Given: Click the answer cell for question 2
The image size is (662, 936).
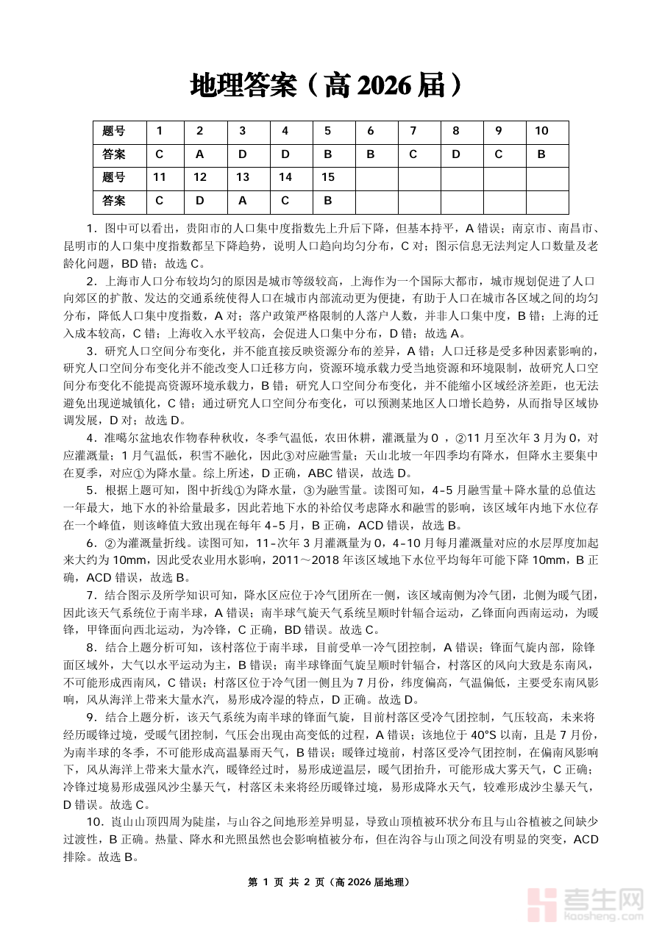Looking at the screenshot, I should pos(199,154).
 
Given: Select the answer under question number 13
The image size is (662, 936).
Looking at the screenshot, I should pos(242,200).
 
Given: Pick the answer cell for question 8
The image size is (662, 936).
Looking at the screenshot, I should pos(455,154).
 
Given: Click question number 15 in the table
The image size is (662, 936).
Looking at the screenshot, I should pos(327,177).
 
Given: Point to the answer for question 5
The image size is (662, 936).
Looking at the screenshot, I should pos(327,154).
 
